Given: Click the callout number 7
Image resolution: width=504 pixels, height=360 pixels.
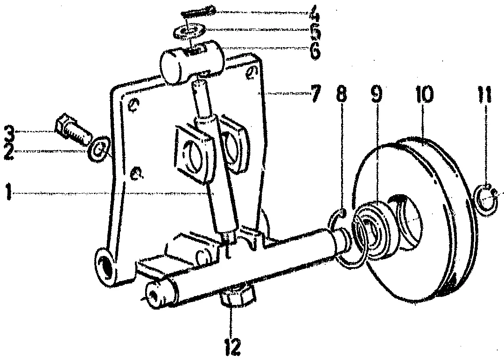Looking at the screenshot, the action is (315, 95).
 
